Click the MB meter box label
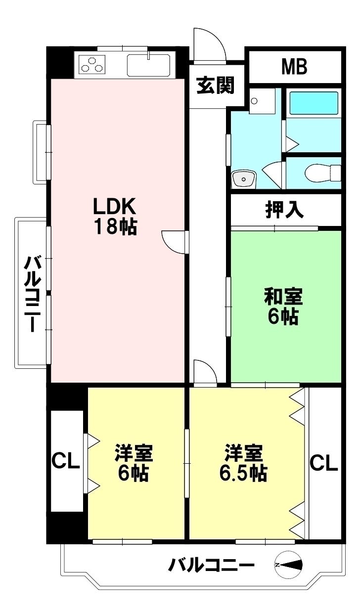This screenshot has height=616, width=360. pyautogui.click(x=294, y=67)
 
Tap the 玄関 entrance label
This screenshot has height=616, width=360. pyautogui.click(x=215, y=85)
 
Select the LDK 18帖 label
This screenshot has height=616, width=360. pyautogui.click(x=115, y=216)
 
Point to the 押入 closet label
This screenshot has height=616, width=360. pyautogui.click(x=284, y=210)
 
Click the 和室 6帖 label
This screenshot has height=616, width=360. pyautogui.click(x=283, y=307)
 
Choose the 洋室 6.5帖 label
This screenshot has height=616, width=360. pyautogui.click(x=243, y=463)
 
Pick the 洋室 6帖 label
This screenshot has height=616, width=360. pyautogui.click(x=134, y=463)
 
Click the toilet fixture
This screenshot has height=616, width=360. pyautogui.click(x=323, y=173)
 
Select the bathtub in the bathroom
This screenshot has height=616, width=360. pyautogui.click(x=314, y=103)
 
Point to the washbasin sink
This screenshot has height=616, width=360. pyautogui.click(x=244, y=179)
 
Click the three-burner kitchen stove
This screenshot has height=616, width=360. pyautogui.click(x=92, y=64)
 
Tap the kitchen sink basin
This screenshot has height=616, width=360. pyautogui.click(x=148, y=65)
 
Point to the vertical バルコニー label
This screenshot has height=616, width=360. pyautogui.click(x=33, y=294)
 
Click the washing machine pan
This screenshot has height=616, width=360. pyautogui.click(x=262, y=101)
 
